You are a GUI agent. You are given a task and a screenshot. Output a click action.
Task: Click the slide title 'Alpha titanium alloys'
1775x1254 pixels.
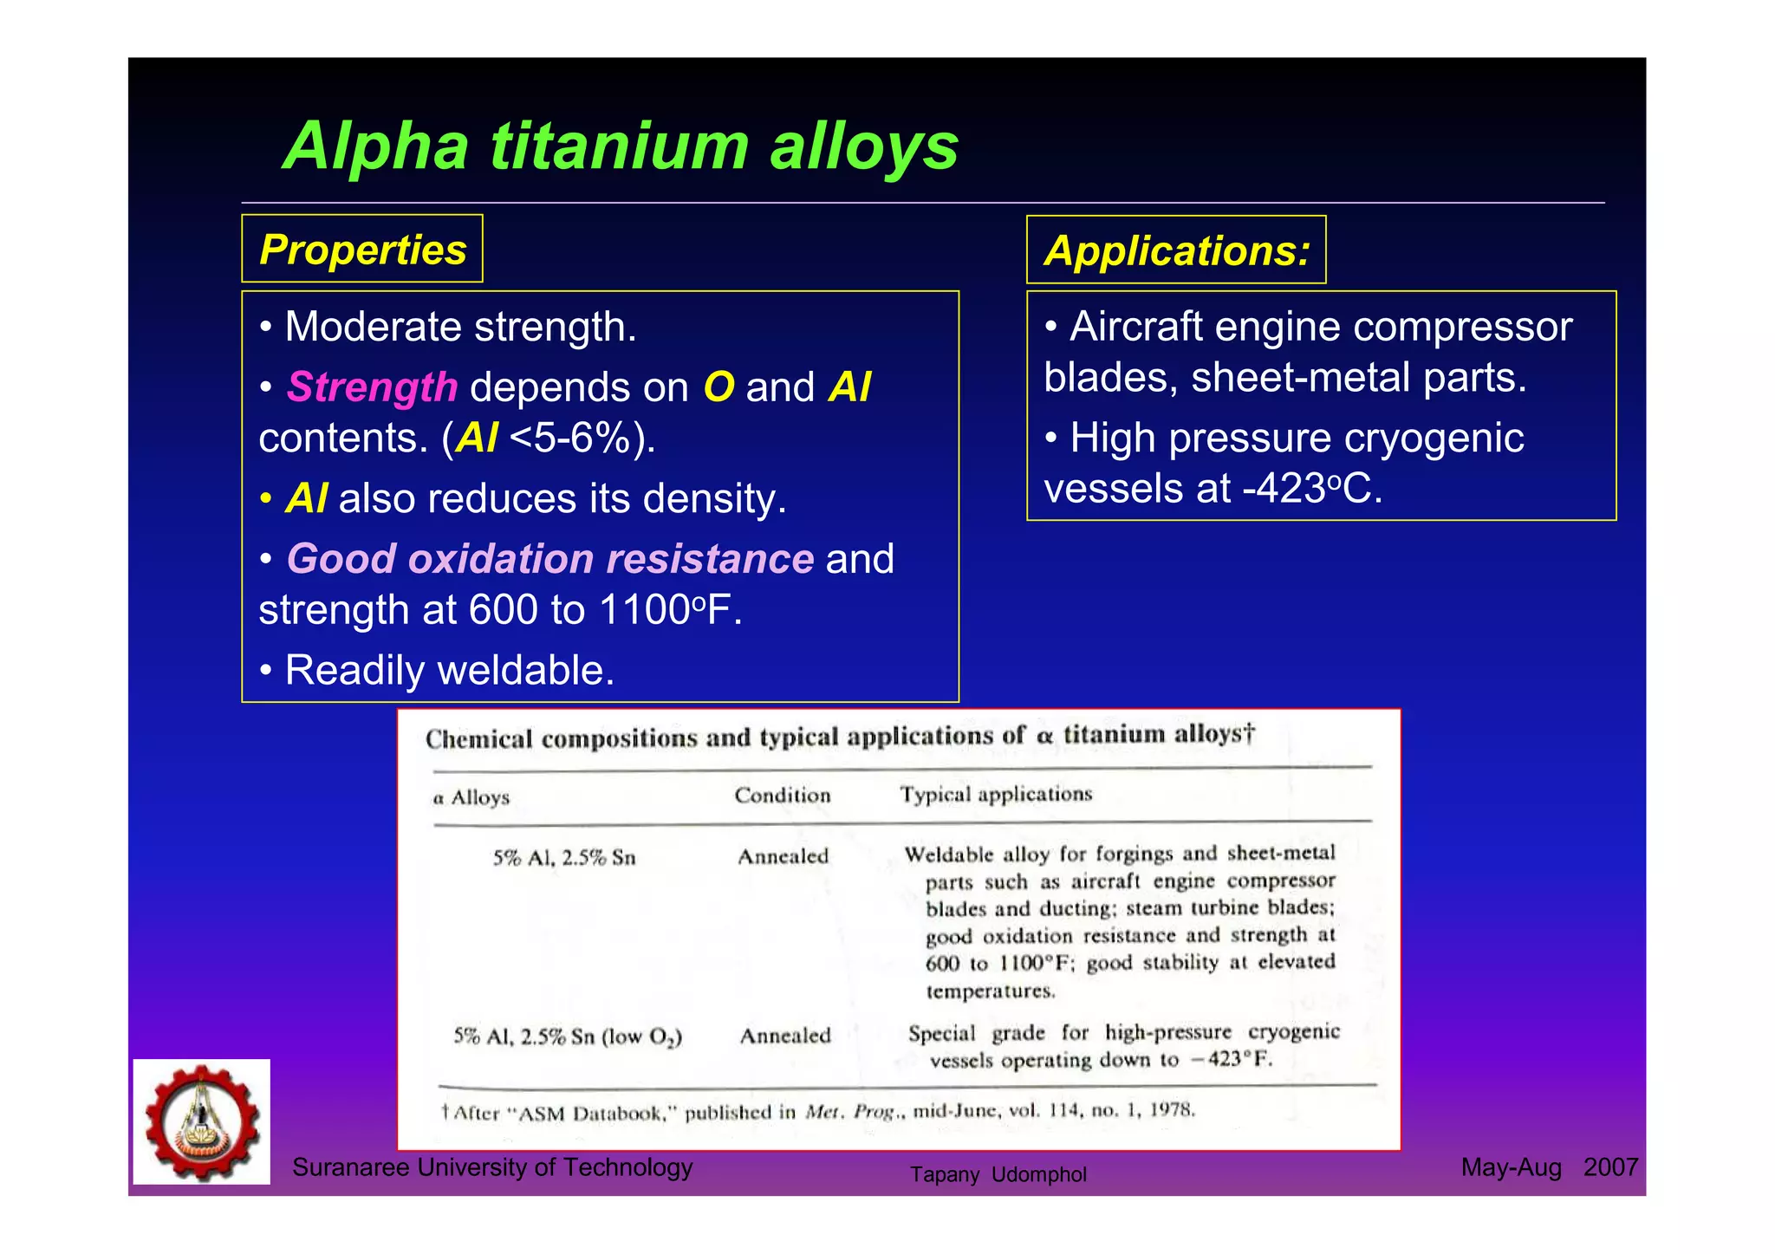click(x=621, y=146)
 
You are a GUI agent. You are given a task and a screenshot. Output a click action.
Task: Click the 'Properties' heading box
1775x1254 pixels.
click(x=362, y=250)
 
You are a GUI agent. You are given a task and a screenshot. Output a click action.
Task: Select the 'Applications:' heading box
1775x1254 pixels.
click(x=1176, y=250)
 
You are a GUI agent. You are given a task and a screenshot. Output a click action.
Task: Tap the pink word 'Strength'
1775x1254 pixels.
click(x=372, y=387)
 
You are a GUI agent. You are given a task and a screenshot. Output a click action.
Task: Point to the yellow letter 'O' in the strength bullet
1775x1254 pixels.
click(x=718, y=387)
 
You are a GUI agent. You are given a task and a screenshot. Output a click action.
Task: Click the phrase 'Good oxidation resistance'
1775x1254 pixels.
click(x=549, y=559)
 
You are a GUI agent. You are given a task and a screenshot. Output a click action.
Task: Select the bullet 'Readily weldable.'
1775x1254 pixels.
click(x=448, y=670)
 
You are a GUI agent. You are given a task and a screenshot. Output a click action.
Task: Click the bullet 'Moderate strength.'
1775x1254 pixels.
click(x=459, y=327)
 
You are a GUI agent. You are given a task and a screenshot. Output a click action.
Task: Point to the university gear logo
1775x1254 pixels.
click(x=202, y=1121)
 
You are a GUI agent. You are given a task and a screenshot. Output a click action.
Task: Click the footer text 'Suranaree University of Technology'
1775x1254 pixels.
click(x=492, y=1167)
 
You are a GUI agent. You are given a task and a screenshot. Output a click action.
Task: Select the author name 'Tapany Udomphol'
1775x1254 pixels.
click(x=998, y=1174)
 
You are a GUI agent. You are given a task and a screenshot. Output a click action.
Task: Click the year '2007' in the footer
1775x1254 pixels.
click(x=1610, y=1167)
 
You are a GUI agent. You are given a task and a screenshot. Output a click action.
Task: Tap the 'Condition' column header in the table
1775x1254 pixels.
click(x=782, y=795)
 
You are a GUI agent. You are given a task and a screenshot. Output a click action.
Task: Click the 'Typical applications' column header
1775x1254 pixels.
click(x=995, y=794)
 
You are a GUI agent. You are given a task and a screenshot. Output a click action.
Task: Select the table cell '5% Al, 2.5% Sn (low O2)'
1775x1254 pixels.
click(x=568, y=1036)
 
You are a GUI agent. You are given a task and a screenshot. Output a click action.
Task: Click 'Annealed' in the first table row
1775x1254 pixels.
click(x=783, y=856)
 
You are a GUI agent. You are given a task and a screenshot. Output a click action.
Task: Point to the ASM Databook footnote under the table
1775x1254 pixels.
click(x=818, y=1111)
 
